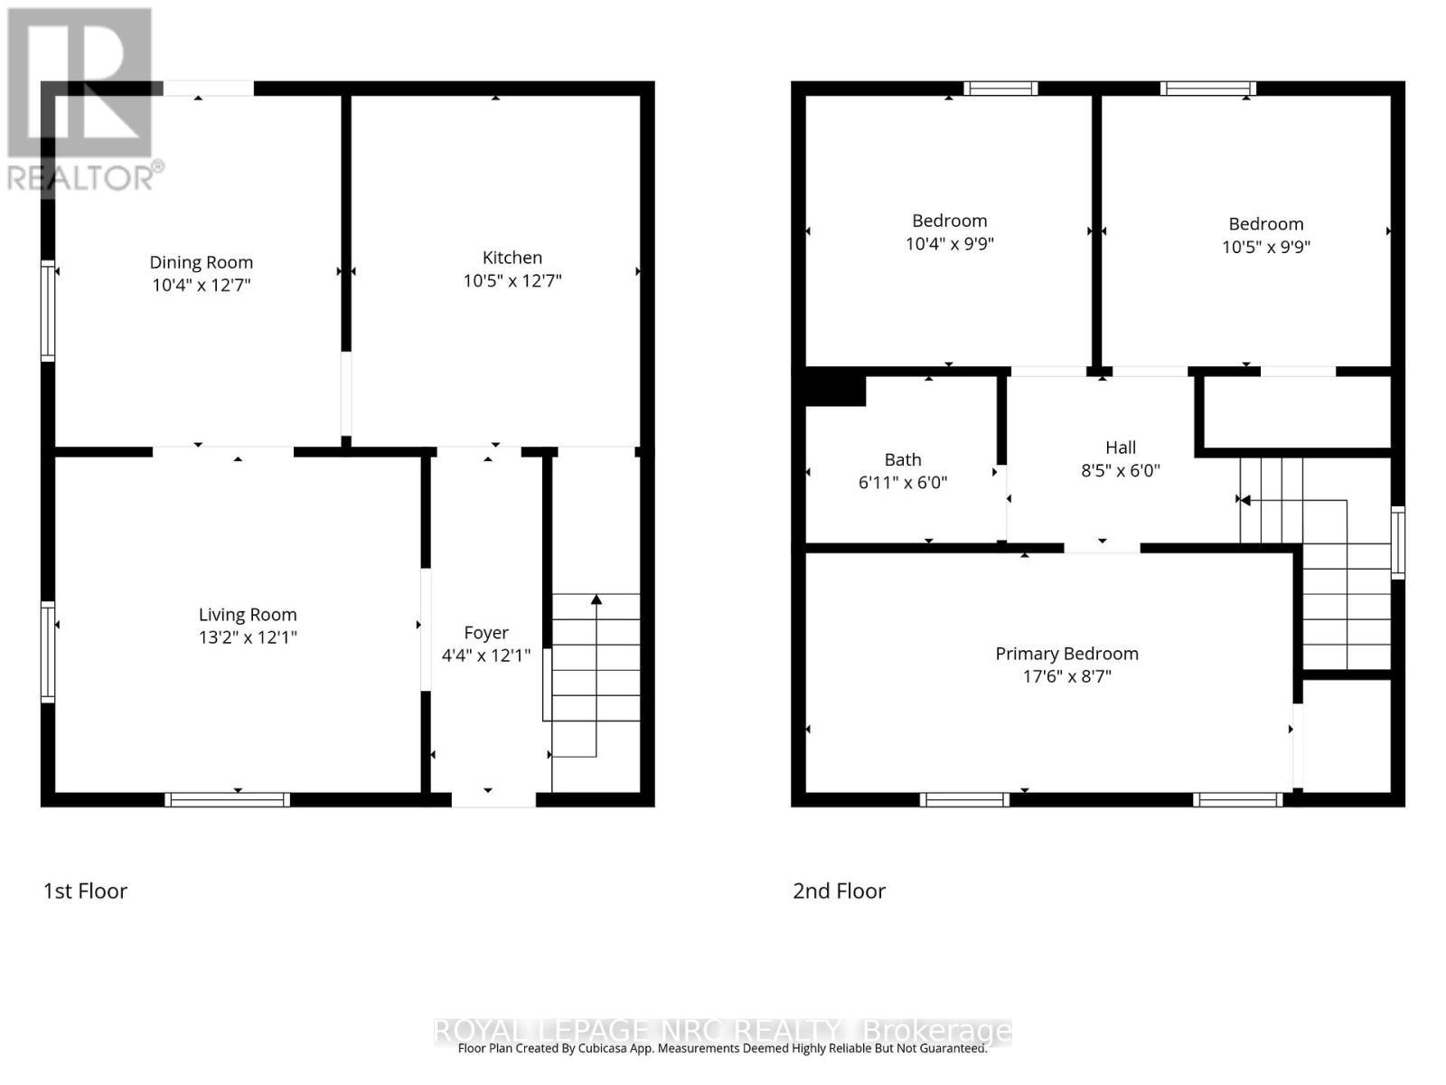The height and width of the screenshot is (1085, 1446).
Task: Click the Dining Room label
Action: pyautogui.click(x=201, y=262)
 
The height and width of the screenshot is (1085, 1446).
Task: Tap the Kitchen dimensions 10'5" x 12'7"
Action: pyautogui.click(x=512, y=280)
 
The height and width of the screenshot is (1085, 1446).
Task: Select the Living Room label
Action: pyautogui.click(x=248, y=615)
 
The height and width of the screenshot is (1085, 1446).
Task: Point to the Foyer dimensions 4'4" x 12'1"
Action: pyautogui.click(x=485, y=656)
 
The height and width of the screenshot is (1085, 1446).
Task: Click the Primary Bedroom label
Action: pyautogui.click(x=1066, y=654)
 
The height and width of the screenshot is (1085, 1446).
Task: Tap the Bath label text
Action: pyautogui.click(x=903, y=459)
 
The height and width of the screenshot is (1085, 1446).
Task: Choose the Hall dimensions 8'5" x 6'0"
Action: pyautogui.click(x=1120, y=470)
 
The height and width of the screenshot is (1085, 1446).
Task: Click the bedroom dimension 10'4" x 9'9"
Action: pyautogui.click(x=949, y=244)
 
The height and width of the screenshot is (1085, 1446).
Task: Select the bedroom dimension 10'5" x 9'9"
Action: pyautogui.click(x=1265, y=247)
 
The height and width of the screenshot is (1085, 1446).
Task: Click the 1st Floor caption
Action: pyautogui.click(x=85, y=891)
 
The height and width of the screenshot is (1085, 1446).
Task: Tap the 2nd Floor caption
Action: pyautogui.click(x=839, y=891)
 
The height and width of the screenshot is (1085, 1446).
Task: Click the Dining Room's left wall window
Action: pyautogui.click(x=47, y=310)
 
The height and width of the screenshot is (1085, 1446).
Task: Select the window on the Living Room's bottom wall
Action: pyautogui.click(x=227, y=800)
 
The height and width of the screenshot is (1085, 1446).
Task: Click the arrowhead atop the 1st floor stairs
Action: pyautogui.click(x=596, y=599)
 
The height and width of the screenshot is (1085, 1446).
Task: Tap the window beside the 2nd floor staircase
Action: pyautogui.click(x=1397, y=542)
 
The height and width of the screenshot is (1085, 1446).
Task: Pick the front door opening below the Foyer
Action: pyautogui.click(x=493, y=800)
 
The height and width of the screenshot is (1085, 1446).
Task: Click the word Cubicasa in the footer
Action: pyautogui.click(x=604, y=1048)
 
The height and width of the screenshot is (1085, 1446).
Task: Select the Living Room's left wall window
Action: pyautogui.click(x=47, y=652)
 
